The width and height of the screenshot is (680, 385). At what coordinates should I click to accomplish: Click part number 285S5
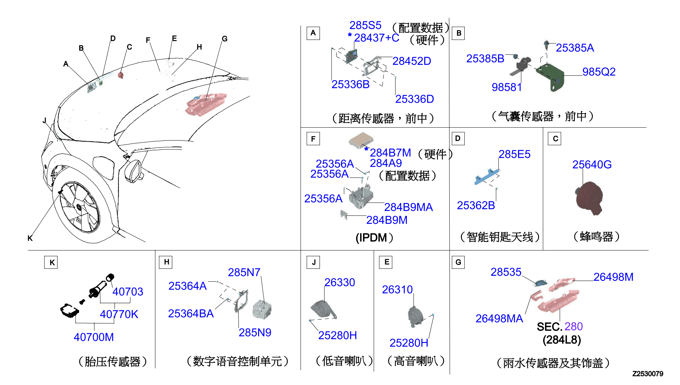pos(365,25)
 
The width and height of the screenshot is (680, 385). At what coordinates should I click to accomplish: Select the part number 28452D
pos(412,61)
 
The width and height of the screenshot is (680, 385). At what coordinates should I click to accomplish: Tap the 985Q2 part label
pos(599,72)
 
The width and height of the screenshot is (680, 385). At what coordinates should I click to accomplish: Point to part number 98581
pos(506,87)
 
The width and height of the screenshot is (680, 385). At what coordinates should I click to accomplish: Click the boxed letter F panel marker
pos(313,139)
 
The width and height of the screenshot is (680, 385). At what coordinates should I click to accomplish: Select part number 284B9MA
pos(408,207)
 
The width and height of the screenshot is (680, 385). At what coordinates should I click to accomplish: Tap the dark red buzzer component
pos(589,198)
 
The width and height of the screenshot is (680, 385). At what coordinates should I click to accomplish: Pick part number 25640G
pos(592,164)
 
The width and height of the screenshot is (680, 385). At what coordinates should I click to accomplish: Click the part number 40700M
pos(94,337)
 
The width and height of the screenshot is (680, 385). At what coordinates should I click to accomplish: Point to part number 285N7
pos(244,272)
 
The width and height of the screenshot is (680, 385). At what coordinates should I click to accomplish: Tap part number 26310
pos(397,290)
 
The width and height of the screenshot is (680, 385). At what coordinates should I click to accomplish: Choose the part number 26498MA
pos(499,319)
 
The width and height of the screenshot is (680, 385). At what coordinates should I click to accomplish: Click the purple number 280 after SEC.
pos(573,327)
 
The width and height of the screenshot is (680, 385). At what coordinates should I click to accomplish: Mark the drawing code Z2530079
pos(648,374)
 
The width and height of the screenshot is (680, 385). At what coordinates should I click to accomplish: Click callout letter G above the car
pos(224,39)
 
